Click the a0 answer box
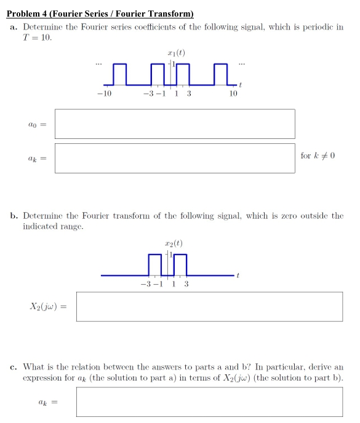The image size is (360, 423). point(175,124)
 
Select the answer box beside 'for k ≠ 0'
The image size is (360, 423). point(175,159)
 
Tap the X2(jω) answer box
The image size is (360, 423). point(209,306)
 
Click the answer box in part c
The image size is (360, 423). point(209,401)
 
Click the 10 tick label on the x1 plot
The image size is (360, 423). point(233,93)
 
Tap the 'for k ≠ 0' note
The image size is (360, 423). point(318,156)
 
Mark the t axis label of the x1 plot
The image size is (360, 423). point(241,84)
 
